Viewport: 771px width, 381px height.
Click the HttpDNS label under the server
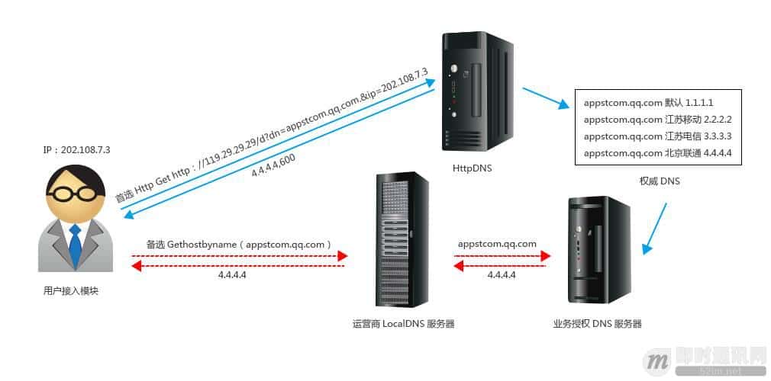472,168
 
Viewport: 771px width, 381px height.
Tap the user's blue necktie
75,245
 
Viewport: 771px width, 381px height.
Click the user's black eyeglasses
76,193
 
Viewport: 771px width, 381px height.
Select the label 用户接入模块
71,291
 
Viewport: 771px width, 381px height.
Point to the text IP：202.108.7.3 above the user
76,150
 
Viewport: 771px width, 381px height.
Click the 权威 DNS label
659,181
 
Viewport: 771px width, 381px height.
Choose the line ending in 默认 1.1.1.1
649,103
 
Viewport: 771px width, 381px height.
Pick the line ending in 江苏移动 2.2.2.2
658,120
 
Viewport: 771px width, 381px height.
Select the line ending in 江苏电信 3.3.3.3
658,136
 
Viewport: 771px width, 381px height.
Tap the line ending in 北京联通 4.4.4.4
658,153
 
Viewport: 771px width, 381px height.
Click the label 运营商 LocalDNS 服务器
403,324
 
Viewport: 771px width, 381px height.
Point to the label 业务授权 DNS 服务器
598,324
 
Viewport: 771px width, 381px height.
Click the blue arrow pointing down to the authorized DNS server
654,229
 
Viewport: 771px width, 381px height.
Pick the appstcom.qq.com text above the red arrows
497,244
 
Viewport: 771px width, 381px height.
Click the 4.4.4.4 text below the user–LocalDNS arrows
232,275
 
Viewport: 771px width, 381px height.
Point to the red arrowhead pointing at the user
137,266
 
